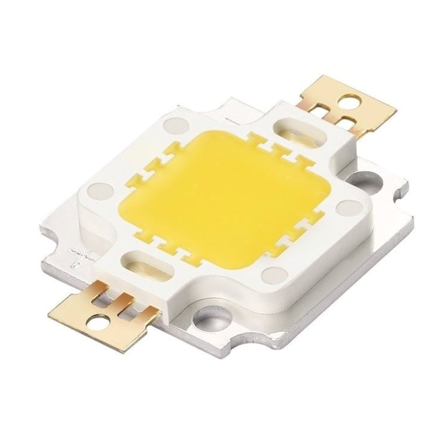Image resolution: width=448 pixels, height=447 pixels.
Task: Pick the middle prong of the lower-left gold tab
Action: point(121,304)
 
